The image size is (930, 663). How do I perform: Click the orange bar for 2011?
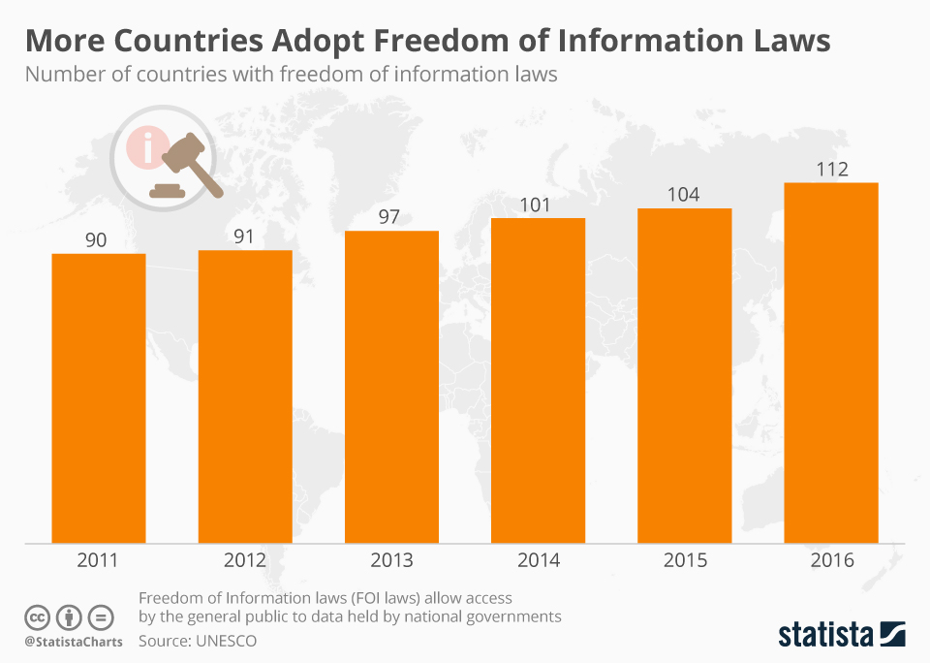coord(98,397)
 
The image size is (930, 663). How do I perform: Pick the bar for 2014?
coord(538,380)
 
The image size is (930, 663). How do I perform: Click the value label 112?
coord(831,170)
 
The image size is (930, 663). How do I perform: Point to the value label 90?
coord(97,240)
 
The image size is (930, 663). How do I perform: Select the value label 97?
coord(391,217)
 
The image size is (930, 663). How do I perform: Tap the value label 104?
coord(685,195)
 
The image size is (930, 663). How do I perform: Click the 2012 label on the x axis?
coord(244,560)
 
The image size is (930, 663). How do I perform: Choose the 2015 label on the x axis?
coord(685,560)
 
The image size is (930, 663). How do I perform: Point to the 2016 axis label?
coord(831,560)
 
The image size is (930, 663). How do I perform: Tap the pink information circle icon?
coord(146,148)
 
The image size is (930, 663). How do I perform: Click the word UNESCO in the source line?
coord(225,642)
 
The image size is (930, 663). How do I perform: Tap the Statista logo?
coord(841,635)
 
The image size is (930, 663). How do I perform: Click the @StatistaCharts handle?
coord(74,642)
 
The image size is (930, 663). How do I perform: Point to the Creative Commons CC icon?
coord(37,616)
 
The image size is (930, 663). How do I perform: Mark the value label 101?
coord(538,205)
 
